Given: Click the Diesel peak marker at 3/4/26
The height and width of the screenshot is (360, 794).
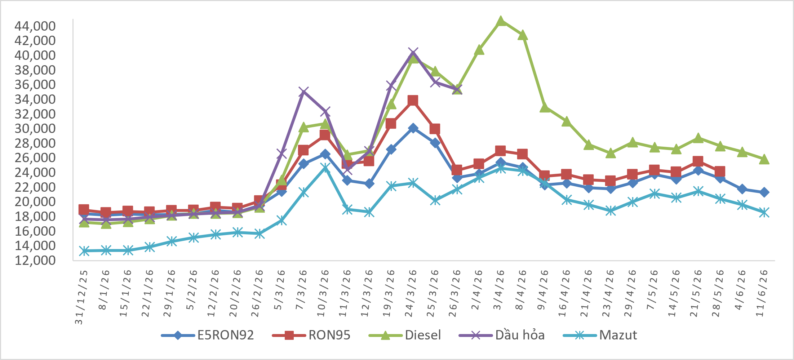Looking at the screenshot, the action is [x=501, y=21].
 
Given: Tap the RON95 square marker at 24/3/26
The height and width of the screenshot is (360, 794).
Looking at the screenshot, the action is [x=413, y=101].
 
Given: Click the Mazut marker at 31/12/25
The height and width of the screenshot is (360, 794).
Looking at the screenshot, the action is [x=84, y=251].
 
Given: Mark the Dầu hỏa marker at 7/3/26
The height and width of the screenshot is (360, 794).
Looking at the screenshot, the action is [x=303, y=92].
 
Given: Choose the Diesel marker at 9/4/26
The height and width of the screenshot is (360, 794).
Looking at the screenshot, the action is [x=545, y=107].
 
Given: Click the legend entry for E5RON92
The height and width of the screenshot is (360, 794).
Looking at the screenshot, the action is [x=208, y=335].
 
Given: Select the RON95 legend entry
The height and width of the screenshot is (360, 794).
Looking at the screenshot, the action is [x=311, y=335].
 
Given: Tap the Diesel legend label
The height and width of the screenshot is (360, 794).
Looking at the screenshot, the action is [x=423, y=335].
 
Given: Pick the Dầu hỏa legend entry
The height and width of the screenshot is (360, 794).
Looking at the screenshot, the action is [x=502, y=335].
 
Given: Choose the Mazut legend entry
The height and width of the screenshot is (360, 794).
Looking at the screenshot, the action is [x=600, y=335].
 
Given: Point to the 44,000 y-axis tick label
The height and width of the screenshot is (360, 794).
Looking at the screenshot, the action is [x=35, y=26].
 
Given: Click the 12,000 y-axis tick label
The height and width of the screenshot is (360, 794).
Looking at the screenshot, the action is [x=35, y=260].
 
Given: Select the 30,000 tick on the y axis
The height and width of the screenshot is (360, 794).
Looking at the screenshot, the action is [x=35, y=128].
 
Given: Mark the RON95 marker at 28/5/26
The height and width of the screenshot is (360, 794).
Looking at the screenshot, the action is [x=720, y=171].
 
